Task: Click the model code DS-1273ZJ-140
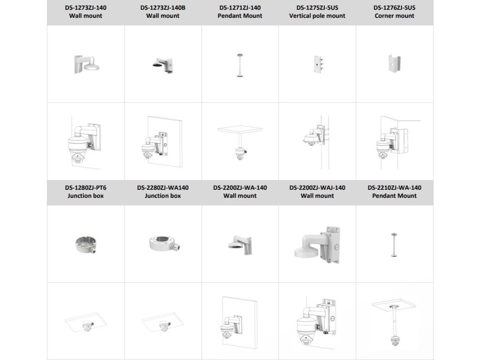[x=85, y=7]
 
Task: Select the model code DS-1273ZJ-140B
[x=163, y=7]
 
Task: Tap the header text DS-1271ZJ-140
[x=240, y=7]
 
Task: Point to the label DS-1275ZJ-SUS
[x=317, y=7]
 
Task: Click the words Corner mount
[x=394, y=15]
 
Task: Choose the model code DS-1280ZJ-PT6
[x=85, y=187]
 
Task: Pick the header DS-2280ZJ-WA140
[x=163, y=187]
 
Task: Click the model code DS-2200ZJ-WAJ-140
[x=317, y=187]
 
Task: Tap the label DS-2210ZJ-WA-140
[x=394, y=187]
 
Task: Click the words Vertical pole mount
[x=317, y=15]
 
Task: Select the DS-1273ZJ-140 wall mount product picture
[x=85, y=64]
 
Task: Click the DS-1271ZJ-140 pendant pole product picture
[x=240, y=65]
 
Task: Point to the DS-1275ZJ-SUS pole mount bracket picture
[x=317, y=64]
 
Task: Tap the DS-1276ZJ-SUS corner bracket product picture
[x=394, y=64]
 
